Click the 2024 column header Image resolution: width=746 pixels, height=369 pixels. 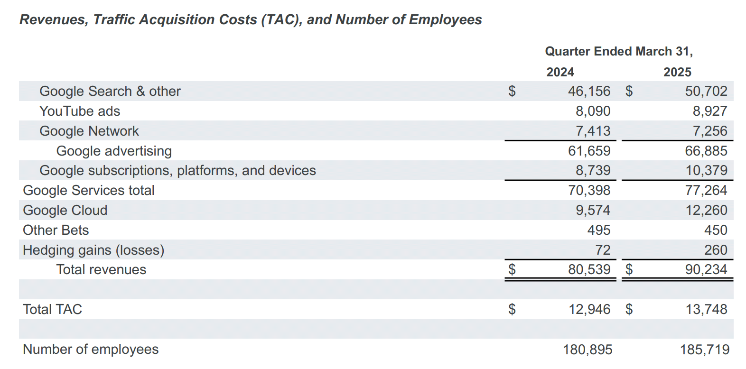pos(560,72)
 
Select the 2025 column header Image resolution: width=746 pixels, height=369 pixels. pos(677,72)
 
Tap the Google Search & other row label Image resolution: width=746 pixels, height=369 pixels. pos(110,91)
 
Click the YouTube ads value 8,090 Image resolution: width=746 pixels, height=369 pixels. pos(593,111)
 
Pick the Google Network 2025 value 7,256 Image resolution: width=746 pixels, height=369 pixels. pos(710,131)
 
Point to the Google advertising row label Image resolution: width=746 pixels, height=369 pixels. pos(114,151)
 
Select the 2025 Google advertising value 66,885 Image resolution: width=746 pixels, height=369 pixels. pos(706,151)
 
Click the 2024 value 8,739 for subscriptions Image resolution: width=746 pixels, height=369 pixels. pos(593,170)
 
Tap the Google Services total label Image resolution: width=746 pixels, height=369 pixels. pos(89,190)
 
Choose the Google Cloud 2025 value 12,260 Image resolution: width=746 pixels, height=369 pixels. pos(706,210)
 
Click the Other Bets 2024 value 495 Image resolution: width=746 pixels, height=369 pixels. pos(599,230)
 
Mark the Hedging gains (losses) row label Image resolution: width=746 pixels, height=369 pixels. pos(93,250)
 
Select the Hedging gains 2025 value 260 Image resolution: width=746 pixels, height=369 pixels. pos(716,250)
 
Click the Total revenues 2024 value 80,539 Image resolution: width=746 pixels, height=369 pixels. pos(589,269)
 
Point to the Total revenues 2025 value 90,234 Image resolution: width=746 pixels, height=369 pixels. pos(706,269)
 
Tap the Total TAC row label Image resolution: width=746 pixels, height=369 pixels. pos(52,309)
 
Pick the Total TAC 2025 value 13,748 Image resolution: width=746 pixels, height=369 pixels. pos(706,309)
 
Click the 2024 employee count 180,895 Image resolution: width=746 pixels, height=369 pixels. pos(587,350)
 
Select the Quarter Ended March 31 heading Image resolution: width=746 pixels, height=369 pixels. pos(619,52)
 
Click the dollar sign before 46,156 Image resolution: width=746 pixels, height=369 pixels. pos(512,91)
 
